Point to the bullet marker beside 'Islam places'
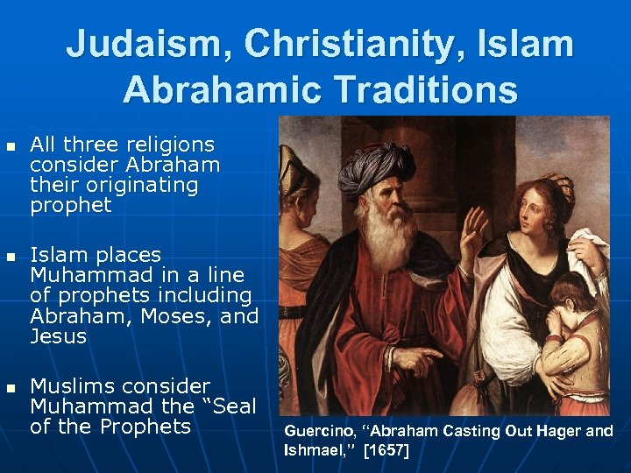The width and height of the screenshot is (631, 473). [11, 257]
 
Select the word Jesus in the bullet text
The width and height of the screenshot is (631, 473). [58, 336]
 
